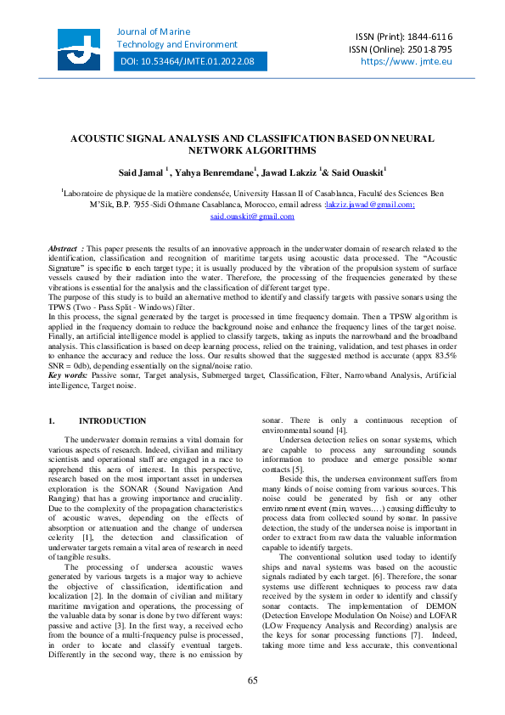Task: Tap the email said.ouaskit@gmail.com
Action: (252, 217)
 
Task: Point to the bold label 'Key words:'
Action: (68, 374)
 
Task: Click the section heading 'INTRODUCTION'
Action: (112, 421)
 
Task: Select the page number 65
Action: (252, 680)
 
